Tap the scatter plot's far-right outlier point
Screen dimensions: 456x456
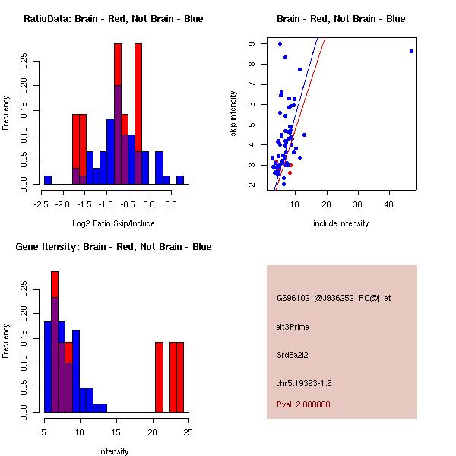pyautogui.click(x=411, y=51)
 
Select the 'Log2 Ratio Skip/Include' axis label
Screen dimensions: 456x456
pyautogui.click(x=112, y=224)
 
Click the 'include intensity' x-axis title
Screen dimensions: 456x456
pyautogui.click(x=340, y=224)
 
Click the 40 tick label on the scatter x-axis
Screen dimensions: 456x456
pyautogui.click(x=389, y=204)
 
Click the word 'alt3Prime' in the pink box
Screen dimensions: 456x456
pyautogui.click(x=293, y=327)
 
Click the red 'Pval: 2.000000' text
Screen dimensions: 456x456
pyautogui.click(x=303, y=404)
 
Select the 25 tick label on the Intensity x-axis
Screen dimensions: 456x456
pyautogui.click(x=187, y=432)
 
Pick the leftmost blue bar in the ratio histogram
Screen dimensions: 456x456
pyautogui.click(x=47, y=180)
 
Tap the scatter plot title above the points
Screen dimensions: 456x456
pyautogui.click(x=340, y=19)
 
